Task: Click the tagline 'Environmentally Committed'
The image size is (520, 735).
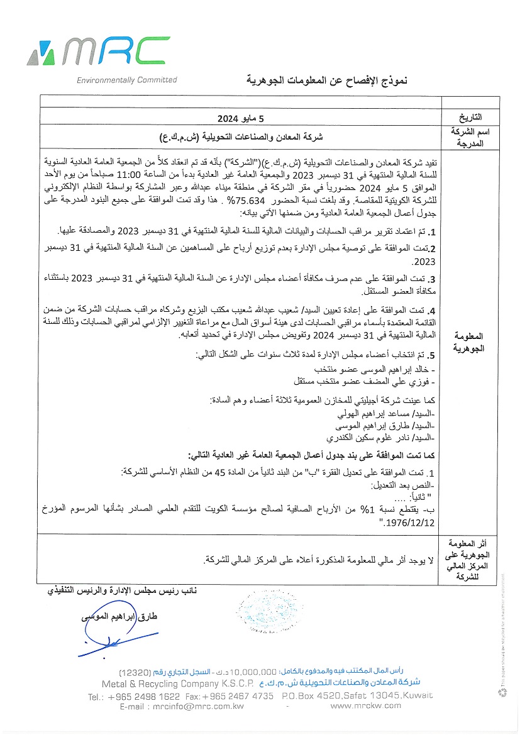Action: pyautogui.click(x=126, y=80)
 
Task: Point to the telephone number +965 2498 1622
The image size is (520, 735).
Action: pyautogui.click(x=144, y=696)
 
